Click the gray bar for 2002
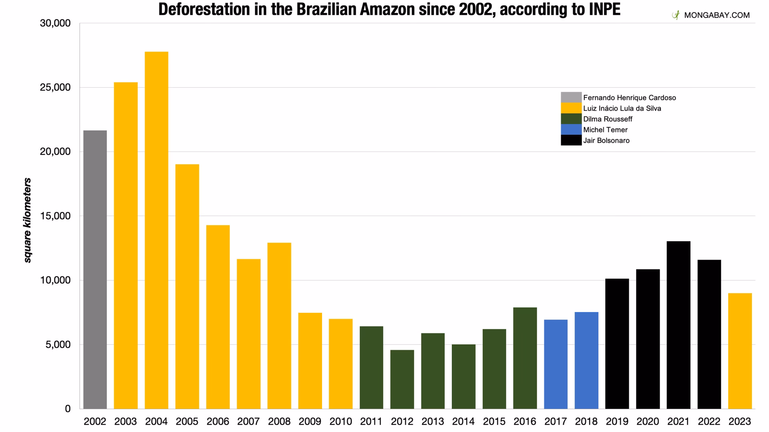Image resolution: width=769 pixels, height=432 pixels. [x=95, y=270]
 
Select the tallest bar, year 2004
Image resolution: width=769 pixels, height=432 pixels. [x=156, y=230]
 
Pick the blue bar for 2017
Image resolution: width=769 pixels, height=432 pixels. [x=556, y=364]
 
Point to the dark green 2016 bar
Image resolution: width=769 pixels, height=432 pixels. [x=525, y=358]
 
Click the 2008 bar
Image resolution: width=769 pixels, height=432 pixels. [x=279, y=326]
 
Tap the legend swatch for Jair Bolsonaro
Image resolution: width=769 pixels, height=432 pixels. [x=571, y=140]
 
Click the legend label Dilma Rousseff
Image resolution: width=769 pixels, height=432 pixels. [x=608, y=119]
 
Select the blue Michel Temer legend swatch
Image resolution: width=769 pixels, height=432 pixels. [x=571, y=130]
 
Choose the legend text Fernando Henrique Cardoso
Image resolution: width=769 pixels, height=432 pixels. [x=629, y=98]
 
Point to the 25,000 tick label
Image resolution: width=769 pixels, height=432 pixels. [x=55, y=87]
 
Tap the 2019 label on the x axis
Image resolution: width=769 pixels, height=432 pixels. [x=617, y=421]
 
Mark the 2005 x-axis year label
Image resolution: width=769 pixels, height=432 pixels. [x=187, y=421]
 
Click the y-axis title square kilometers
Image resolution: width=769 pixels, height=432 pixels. [x=27, y=220]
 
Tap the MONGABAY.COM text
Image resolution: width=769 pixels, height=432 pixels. [x=717, y=15]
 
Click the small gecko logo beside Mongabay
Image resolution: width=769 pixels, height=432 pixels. [x=676, y=15]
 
